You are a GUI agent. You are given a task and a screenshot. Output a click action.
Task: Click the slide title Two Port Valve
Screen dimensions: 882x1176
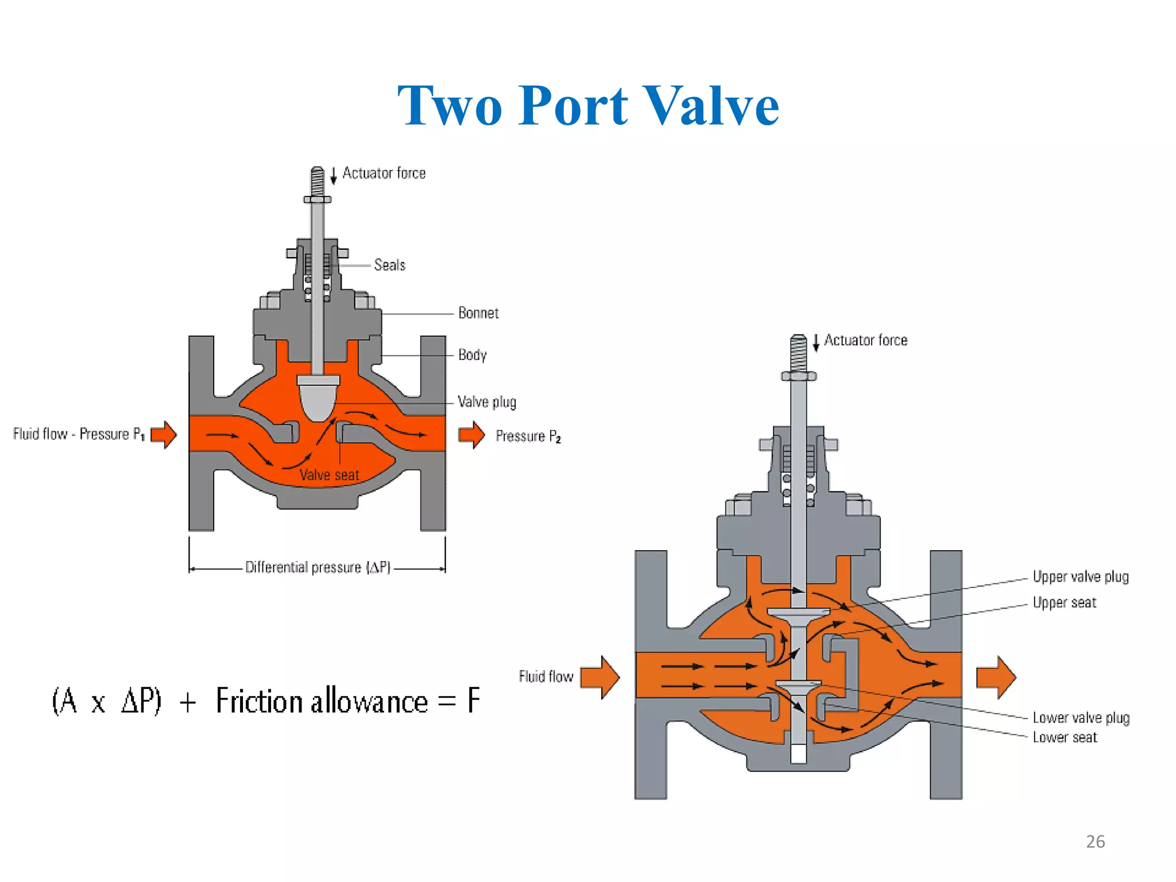588,106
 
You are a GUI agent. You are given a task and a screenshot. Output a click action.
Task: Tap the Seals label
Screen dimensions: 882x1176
389,265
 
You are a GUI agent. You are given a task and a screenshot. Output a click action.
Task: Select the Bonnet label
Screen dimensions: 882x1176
478,313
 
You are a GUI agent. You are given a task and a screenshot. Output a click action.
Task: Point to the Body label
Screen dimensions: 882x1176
472,355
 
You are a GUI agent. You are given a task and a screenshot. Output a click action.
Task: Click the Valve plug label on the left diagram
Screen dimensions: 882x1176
486,402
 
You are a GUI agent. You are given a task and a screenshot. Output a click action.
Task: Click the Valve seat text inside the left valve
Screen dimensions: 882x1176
329,475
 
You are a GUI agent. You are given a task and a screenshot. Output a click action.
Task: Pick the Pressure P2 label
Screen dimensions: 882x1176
528,436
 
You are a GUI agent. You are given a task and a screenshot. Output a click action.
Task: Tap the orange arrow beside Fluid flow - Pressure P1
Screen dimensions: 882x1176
164,434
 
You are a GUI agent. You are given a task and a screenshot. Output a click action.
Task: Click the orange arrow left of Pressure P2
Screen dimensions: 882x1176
471,435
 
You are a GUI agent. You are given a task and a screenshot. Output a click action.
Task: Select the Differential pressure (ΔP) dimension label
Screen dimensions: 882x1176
318,567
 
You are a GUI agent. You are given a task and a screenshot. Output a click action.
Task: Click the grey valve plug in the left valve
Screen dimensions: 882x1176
318,399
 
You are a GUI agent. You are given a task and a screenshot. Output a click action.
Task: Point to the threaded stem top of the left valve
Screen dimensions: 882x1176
317,181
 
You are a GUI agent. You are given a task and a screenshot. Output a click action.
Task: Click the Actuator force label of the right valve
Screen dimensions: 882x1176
865,341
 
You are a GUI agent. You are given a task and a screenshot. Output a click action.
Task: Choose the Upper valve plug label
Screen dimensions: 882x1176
1080,577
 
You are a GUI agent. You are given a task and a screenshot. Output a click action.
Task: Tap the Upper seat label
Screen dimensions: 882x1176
1064,602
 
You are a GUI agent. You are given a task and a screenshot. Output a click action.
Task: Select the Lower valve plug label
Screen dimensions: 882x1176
1081,718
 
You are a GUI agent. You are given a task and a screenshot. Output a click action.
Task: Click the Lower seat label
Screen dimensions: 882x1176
1065,737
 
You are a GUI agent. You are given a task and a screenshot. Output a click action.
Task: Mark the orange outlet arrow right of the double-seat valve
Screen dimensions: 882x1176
996,678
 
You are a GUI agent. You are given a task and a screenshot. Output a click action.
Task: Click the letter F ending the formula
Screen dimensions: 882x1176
473,701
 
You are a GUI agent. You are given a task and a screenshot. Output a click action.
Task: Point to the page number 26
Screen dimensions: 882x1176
1095,842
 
